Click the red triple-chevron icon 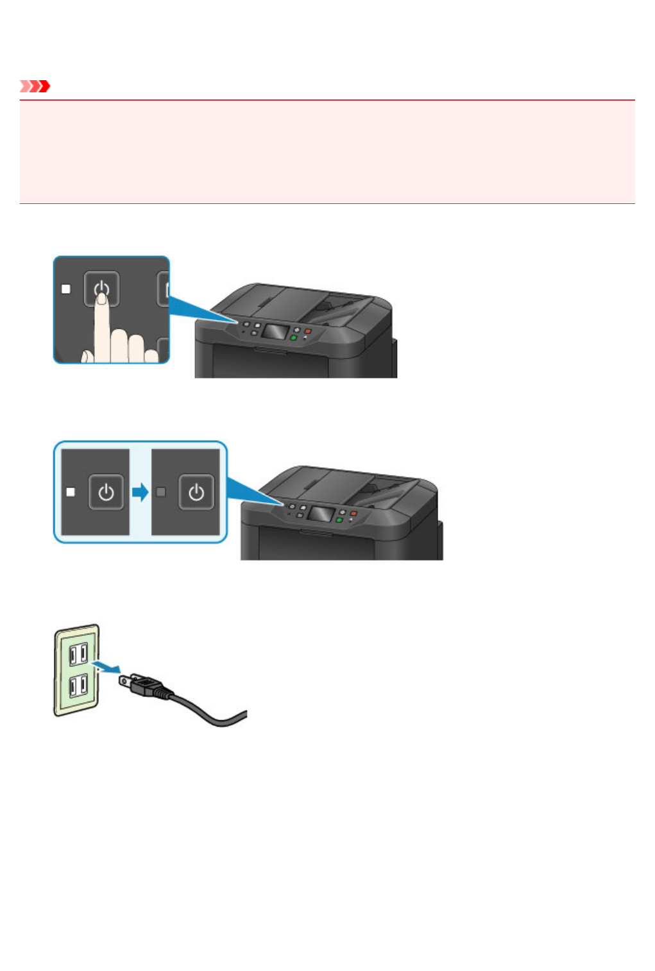(35, 86)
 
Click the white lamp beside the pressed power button (65, 289)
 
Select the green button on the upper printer (293, 337)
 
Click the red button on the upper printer (308, 331)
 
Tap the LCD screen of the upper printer (274, 332)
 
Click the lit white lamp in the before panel (71, 492)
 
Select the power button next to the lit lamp (106, 492)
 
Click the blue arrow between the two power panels (140, 492)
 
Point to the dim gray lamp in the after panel (161, 492)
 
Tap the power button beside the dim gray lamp (196, 492)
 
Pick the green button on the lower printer (339, 519)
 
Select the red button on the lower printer (353, 514)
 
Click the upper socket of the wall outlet (78, 654)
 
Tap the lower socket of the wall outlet (78, 687)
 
